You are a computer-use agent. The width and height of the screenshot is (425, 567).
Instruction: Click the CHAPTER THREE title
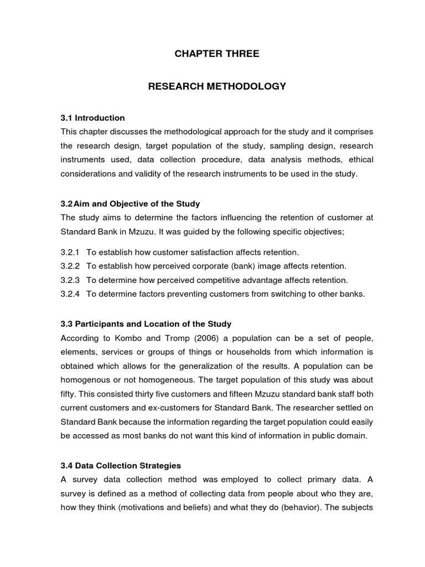coord(217,54)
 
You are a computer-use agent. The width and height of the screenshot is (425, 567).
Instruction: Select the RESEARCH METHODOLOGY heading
coord(217,86)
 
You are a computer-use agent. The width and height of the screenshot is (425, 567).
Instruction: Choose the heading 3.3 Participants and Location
coord(146,323)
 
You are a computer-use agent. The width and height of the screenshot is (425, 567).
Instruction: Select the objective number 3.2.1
coord(70,252)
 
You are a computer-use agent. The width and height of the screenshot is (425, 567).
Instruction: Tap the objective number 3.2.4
coord(70,294)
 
